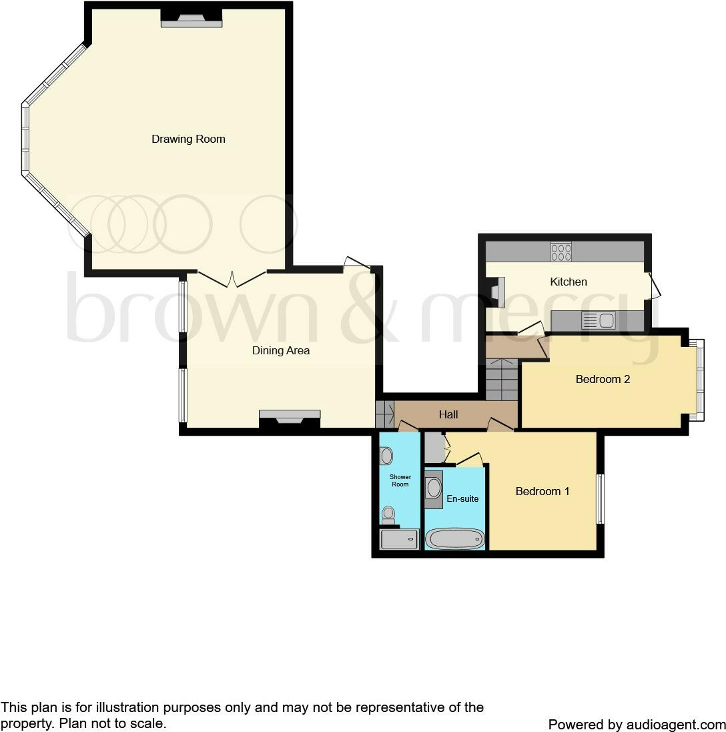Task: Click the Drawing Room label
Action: click(x=188, y=139)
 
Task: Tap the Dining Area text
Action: click(x=280, y=350)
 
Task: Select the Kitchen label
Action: click(x=568, y=282)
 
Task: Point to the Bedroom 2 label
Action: click(x=603, y=379)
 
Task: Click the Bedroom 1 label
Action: click(x=542, y=491)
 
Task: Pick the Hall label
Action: click(x=448, y=414)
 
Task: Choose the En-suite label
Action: click(x=462, y=498)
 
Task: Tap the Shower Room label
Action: click(x=400, y=480)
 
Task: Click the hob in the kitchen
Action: click(x=561, y=252)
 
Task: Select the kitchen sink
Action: click(x=599, y=321)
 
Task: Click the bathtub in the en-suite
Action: click(x=456, y=538)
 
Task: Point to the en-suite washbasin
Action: click(x=434, y=487)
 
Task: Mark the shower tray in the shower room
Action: click(x=399, y=539)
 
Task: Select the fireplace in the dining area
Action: click(x=290, y=418)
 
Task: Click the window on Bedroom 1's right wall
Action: click(x=599, y=498)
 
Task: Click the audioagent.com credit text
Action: click(x=637, y=724)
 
